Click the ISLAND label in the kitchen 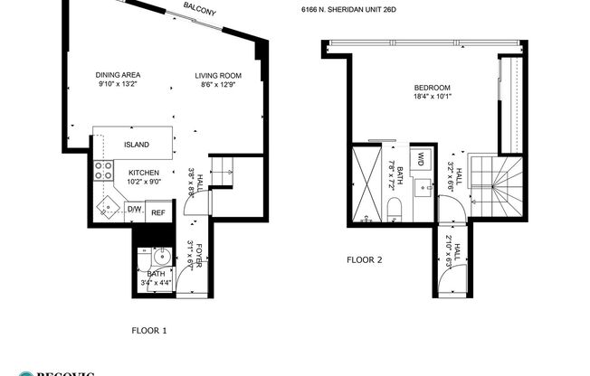[137, 144]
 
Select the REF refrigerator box [157, 211]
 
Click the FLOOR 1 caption [148, 330]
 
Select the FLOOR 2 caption [365, 259]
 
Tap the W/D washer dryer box [421, 160]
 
